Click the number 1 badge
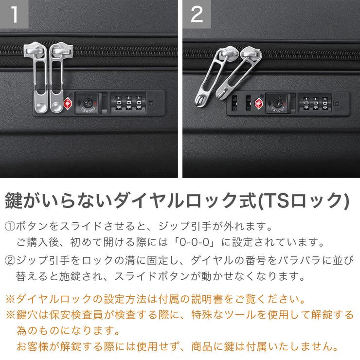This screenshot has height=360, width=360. tap(14, 14)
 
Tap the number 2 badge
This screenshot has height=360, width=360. tap(197, 14)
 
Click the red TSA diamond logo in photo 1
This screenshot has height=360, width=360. tap(68, 103)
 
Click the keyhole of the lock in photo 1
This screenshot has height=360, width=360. tap(88, 103)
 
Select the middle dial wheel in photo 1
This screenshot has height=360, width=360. tap(128, 103)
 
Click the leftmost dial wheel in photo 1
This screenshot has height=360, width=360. tap(119, 103)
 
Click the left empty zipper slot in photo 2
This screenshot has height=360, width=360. tap(235, 103)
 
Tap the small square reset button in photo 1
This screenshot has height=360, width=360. tap(152, 102)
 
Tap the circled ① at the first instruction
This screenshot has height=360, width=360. tap(10, 227)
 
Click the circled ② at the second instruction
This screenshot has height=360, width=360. tap(10, 261)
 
